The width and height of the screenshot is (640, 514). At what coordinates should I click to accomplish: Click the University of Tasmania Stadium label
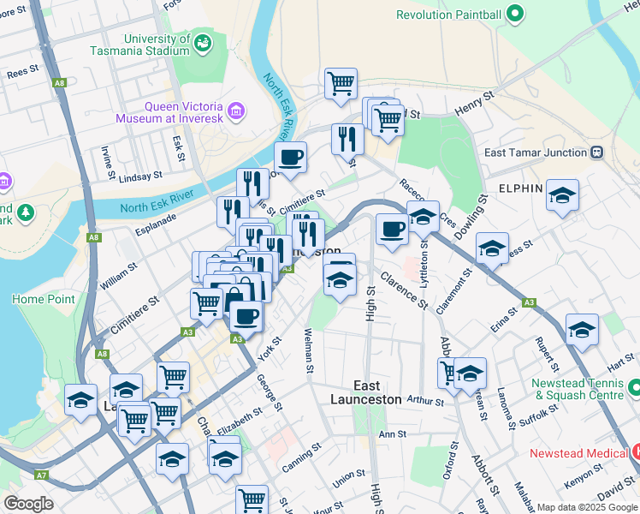(x=156, y=45)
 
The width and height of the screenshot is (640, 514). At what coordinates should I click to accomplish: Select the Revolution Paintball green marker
(x=514, y=14)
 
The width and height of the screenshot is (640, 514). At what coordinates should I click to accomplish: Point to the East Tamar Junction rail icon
(x=596, y=152)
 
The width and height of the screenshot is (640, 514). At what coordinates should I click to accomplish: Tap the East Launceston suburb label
(x=366, y=392)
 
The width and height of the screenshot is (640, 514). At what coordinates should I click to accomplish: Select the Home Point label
(x=43, y=299)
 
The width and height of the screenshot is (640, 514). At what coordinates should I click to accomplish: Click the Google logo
(x=28, y=504)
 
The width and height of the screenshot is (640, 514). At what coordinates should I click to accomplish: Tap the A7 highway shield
(x=40, y=475)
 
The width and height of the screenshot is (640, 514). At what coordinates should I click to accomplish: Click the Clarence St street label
(x=404, y=290)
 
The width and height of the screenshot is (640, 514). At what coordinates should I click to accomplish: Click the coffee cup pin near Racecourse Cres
(x=392, y=230)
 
